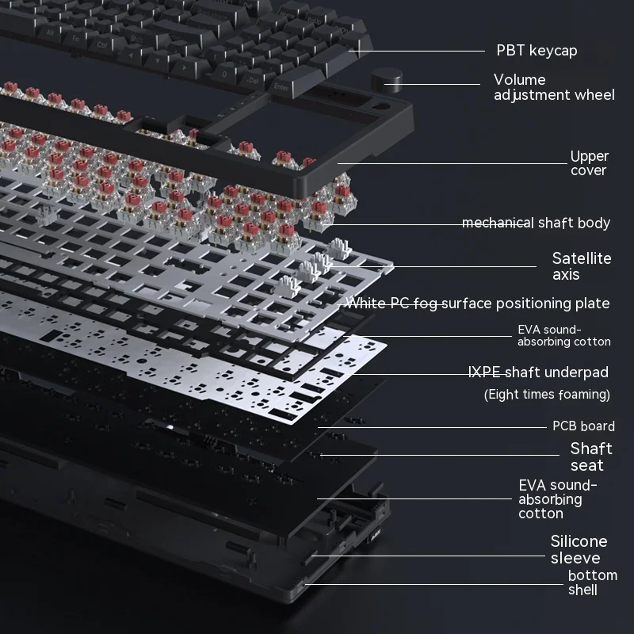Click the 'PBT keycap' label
(537, 51)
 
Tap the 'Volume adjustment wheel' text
(554, 87)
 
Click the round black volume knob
(387, 81)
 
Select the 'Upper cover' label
(589, 163)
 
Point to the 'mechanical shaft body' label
(536, 223)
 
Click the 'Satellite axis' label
(582, 266)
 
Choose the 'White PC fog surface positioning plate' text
(479, 304)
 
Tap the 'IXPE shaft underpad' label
(538, 372)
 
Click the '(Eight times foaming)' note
(547, 394)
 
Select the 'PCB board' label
(583, 426)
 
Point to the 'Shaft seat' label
(590, 457)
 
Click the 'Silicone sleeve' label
(579, 549)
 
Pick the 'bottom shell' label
(592, 582)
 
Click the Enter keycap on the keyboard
(283, 86)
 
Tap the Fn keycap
(75, 38)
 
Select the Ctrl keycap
(103, 45)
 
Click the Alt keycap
(51, 32)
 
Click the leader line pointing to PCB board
(432, 427)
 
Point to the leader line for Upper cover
(453, 163)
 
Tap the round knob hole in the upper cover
(381, 107)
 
